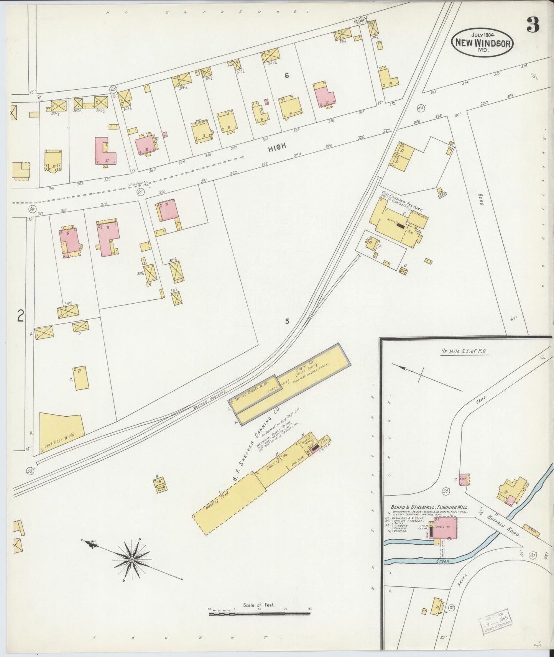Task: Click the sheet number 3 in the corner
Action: coord(533,25)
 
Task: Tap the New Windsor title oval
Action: coord(482,43)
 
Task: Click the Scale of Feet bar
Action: coord(260,613)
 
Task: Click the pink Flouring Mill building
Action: coord(445,530)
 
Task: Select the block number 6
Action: coord(286,76)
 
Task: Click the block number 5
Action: coord(287,322)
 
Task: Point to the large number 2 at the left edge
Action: coord(21,316)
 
